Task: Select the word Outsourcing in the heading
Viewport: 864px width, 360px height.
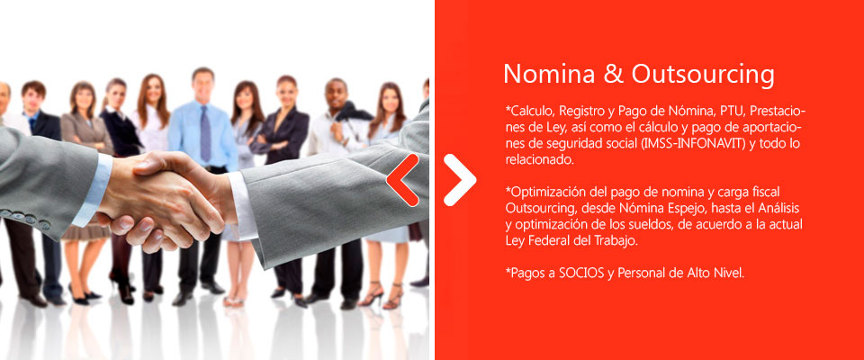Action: click(703, 76)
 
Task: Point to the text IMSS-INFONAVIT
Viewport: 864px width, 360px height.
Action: click(687, 143)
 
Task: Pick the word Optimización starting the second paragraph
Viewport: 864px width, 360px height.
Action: click(544, 193)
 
